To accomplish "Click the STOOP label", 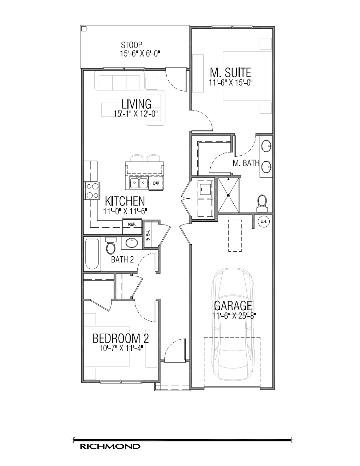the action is (x=131, y=45).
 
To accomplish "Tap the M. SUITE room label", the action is (x=230, y=73).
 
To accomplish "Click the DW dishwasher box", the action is (x=156, y=183).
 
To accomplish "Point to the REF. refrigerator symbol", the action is (x=132, y=226).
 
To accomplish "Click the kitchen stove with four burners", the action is (x=92, y=191).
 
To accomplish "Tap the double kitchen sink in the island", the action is (x=139, y=183).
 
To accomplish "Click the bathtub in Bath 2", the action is (x=92, y=254).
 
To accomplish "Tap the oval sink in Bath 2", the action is (x=132, y=243).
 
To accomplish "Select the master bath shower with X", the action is (x=228, y=195).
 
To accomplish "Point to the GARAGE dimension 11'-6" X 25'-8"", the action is (x=234, y=316).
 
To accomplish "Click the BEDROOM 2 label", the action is (x=121, y=339).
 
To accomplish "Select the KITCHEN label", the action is (x=125, y=201).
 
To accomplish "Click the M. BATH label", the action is (x=246, y=163).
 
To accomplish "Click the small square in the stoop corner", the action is (x=84, y=29).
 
